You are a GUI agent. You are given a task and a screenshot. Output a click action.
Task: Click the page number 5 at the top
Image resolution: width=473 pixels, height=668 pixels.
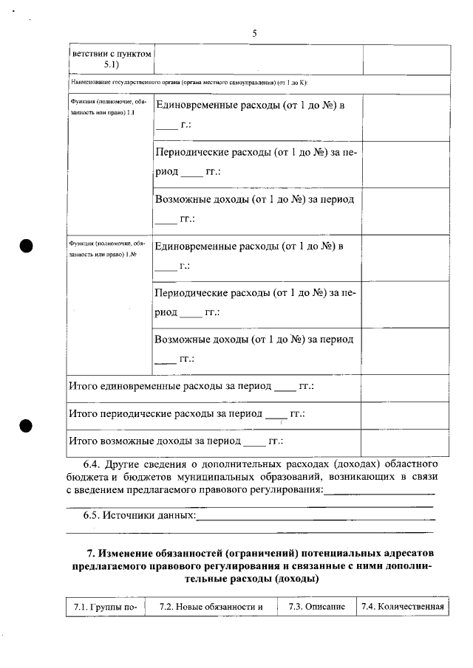tap(254, 33)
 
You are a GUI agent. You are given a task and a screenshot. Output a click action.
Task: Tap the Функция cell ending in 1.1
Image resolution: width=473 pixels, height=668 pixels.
tap(108, 107)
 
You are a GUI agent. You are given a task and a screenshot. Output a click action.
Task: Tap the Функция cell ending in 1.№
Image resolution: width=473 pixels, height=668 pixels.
tap(108, 247)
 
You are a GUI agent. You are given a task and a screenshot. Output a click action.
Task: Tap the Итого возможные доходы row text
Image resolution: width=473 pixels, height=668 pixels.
tap(177, 441)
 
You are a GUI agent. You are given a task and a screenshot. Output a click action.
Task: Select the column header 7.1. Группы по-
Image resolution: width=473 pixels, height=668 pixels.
tap(106, 607)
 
